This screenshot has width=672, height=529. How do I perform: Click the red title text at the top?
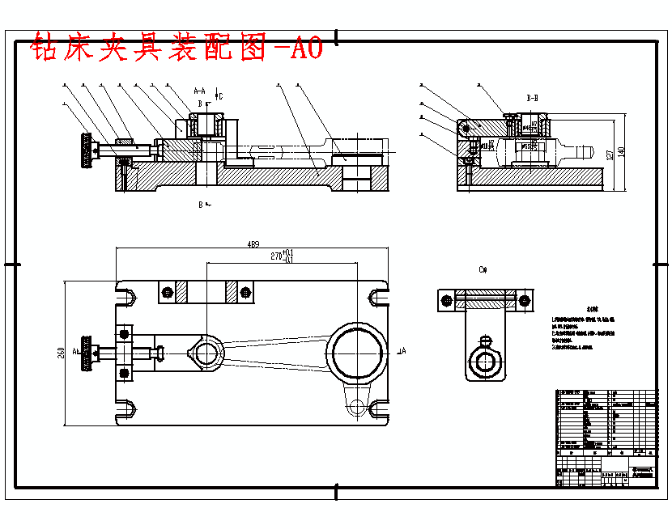pos(177,49)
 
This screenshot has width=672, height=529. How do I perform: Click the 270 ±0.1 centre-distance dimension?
pos(280,256)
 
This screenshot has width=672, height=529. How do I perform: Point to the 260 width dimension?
pos(60,353)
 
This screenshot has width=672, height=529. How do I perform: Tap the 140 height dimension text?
pos(622,151)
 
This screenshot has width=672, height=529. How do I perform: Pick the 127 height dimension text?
pos(610,153)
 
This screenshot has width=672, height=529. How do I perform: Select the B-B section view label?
pos(532,97)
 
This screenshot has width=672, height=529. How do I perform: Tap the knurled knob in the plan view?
pos(85,353)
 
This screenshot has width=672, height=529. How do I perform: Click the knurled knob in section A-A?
pos(84,150)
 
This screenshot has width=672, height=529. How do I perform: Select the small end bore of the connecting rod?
pos(206,353)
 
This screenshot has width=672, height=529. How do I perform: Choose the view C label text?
pos(483,269)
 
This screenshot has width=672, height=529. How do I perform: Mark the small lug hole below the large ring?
pos(354,408)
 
